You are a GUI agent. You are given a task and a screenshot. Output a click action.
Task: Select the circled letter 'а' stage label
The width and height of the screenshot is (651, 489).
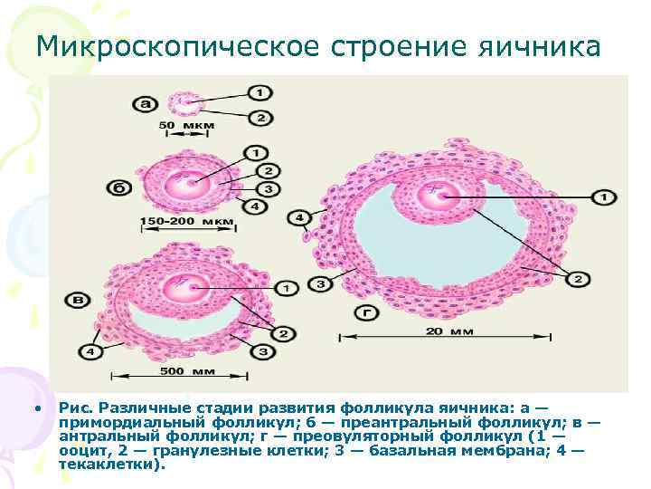(x=146, y=104)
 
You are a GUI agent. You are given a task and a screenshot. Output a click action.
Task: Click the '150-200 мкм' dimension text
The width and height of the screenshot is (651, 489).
(x=186, y=221)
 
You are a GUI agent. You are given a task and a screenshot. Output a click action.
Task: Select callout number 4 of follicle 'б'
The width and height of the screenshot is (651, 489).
(x=256, y=206)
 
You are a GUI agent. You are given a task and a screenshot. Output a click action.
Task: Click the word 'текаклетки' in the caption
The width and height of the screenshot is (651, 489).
(x=109, y=465)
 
